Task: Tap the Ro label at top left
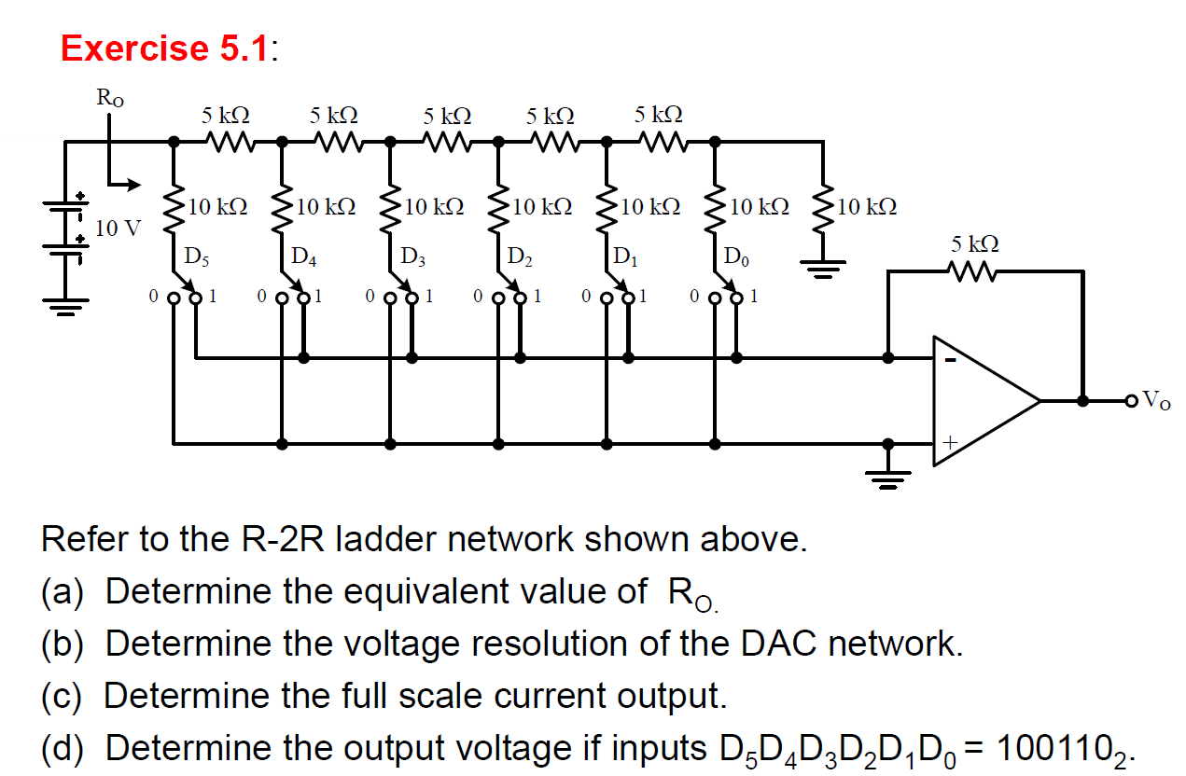(x=109, y=96)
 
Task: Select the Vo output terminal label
(x=1156, y=402)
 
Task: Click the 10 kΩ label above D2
(x=541, y=206)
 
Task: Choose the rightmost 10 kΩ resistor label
(x=867, y=206)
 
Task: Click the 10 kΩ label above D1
(x=649, y=206)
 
